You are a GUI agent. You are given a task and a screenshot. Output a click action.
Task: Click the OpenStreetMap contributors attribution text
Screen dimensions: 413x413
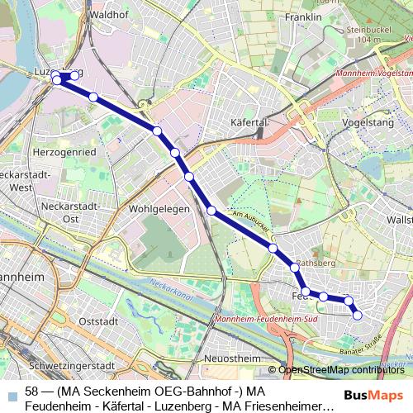click(x=339, y=369)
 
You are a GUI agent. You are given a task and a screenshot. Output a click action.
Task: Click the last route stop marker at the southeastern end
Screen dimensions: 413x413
click(x=358, y=315)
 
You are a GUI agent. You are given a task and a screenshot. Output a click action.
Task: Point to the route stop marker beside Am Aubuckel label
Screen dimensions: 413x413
click(x=212, y=211)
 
